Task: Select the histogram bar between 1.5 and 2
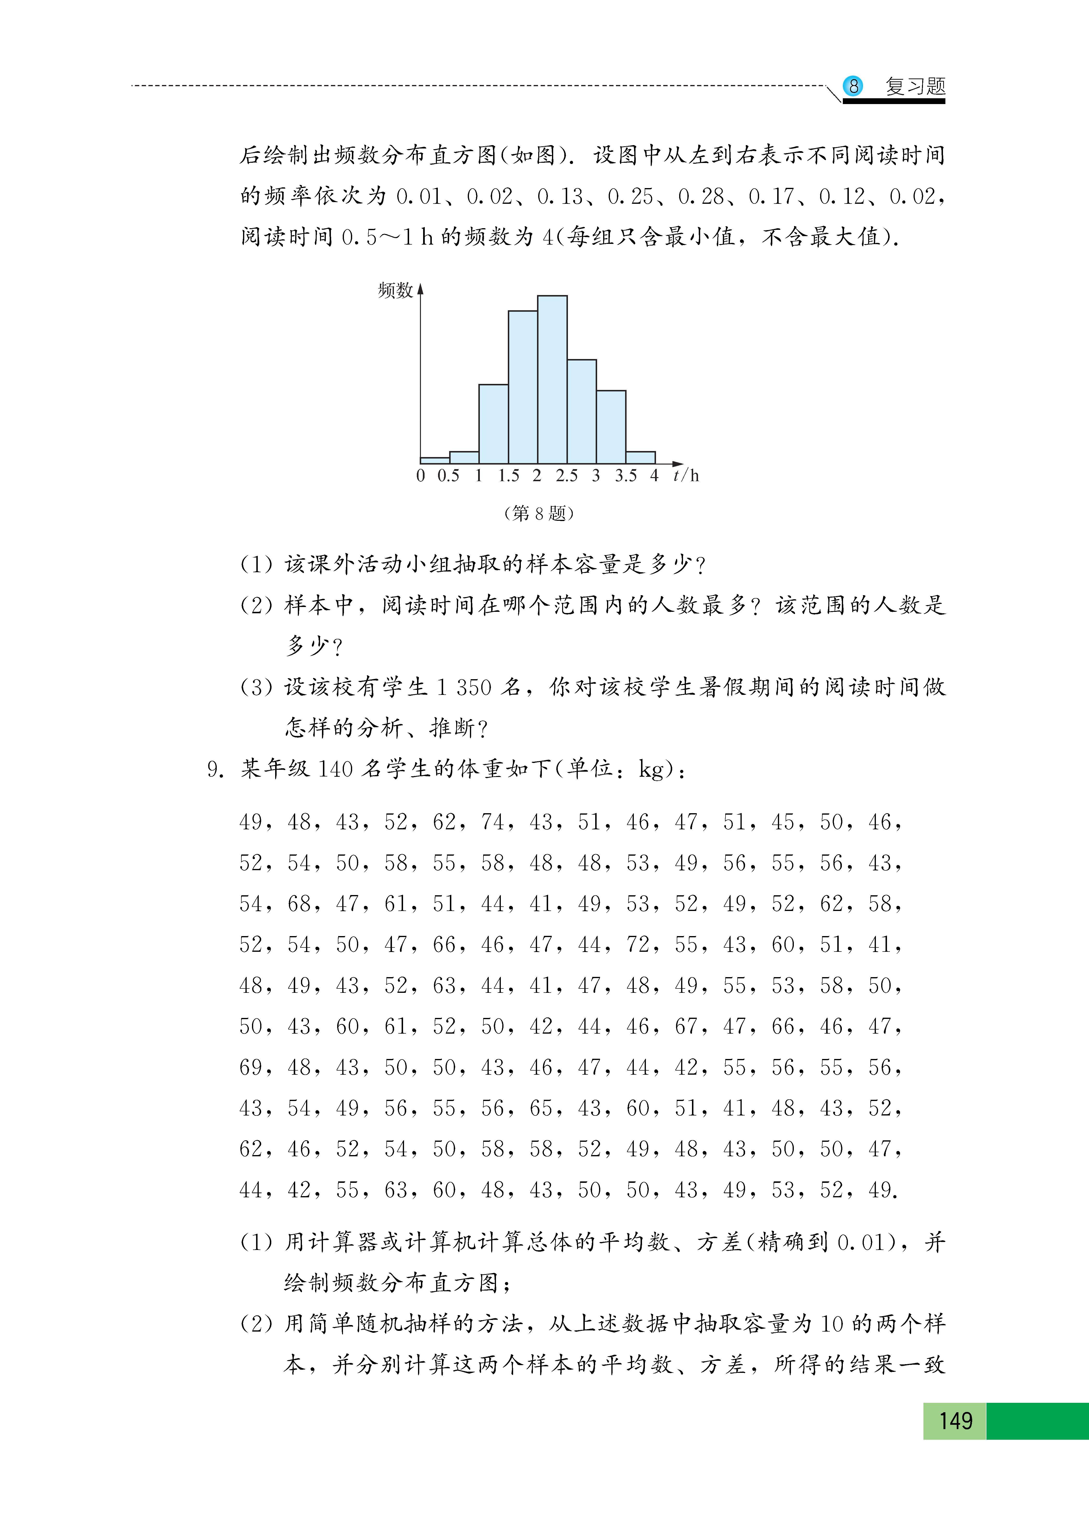point(523,387)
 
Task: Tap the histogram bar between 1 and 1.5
point(493,424)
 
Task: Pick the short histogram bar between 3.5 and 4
point(640,458)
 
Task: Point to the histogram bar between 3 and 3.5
point(611,427)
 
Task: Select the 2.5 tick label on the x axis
point(566,476)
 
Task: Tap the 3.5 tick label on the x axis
point(626,476)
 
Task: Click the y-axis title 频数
point(395,290)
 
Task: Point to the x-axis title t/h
point(686,476)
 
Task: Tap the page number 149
point(955,1421)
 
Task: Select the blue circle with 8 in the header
point(853,86)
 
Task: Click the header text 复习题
point(915,86)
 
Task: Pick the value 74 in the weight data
point(493,822)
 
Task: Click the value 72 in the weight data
point(638,945)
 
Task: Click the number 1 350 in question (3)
point(464,688)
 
